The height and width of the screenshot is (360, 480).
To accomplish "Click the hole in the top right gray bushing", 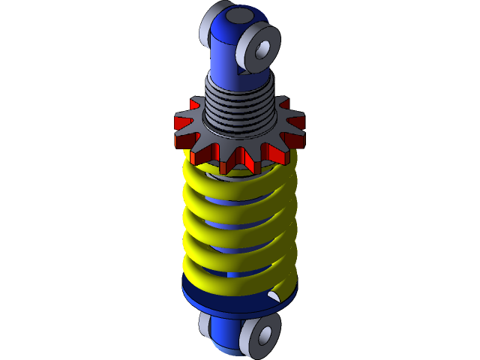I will click(263, 49).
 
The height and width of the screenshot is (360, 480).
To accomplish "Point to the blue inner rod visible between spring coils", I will click(225, 224).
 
